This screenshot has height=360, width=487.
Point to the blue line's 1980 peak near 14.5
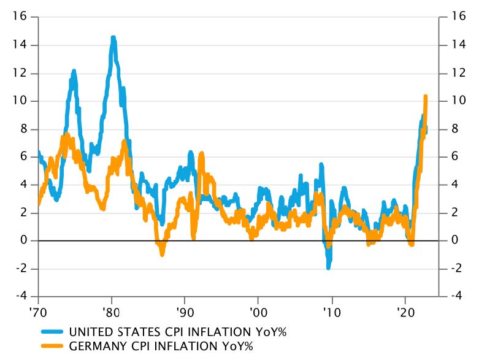[x=113, y=38]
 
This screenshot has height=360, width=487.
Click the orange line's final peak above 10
[x=426, y=96]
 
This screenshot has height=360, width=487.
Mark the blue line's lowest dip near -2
[x=329, y=267]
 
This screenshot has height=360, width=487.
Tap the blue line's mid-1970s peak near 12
[x=74, y=71]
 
